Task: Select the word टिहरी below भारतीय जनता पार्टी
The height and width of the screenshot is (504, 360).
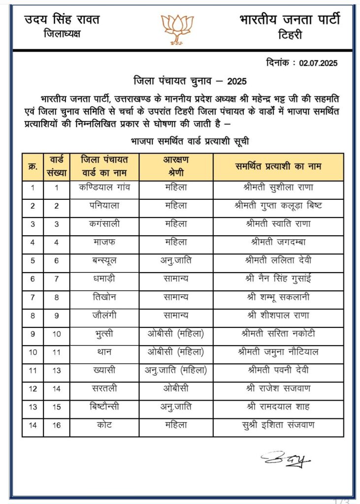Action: point(290,35)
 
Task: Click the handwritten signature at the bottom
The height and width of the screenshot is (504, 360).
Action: point(286,459)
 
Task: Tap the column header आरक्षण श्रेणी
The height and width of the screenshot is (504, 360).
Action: point(176,166)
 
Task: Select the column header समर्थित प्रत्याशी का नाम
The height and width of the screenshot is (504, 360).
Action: point(278,166)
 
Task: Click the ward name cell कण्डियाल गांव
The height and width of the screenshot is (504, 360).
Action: point(104,188)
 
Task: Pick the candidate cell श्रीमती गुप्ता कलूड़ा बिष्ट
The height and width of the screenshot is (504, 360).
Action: point(278,206)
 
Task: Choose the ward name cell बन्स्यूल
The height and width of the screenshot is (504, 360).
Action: point(104,260)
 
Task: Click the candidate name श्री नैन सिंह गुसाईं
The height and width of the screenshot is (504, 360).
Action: point(278,279)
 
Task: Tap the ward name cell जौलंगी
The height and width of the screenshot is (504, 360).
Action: point(104,315)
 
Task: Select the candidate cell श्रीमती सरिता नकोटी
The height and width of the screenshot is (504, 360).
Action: point(278,334)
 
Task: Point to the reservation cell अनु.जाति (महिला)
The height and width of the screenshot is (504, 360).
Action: point(176,370)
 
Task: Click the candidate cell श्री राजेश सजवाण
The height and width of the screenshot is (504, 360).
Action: point(278,388)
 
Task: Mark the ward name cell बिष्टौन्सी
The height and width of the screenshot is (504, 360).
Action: point(104,407)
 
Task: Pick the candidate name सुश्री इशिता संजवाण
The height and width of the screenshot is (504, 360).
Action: point(278,425)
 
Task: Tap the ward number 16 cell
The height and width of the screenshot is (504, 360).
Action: point(57,425)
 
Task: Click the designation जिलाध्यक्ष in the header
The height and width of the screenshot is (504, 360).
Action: point(62,34)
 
